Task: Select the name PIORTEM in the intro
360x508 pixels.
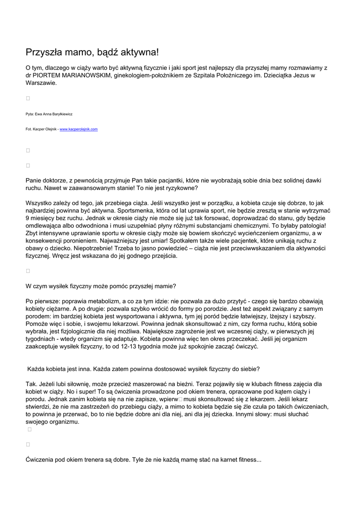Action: (x=52, y=75)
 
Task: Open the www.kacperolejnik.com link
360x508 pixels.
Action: (x=78, y=129)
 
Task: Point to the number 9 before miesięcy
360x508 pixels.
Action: (x=27, y=218)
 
